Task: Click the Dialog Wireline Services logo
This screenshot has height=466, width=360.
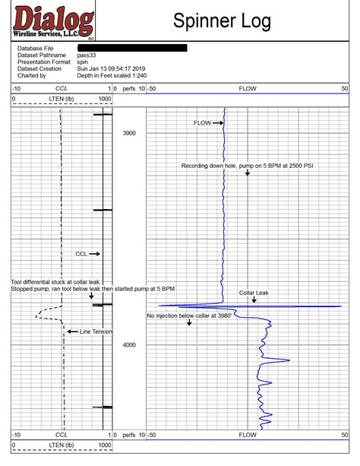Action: pos(53,23)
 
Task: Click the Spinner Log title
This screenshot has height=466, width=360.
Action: pos(222,22)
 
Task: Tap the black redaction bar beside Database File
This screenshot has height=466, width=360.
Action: pos(131,48)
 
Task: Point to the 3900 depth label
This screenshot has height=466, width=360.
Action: pos(129,133)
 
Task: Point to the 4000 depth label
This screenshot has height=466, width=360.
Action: pos(129,345)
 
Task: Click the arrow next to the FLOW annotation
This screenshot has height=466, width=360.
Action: pos(219,122)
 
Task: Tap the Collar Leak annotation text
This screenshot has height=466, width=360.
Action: pos(254,293)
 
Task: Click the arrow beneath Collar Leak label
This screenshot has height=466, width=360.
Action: pos(254,300)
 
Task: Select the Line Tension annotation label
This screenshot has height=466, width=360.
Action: pos(96,331)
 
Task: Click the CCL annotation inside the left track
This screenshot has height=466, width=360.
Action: pos(81,254)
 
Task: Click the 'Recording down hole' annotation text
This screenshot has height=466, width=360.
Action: pos(246,165)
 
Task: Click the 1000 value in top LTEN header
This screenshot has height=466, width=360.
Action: pos(104,99)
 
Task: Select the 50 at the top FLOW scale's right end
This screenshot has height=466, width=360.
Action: pos(344,89)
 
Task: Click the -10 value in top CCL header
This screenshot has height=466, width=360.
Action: pos(17,89)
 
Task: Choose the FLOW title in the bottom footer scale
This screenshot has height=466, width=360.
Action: pos(248,436)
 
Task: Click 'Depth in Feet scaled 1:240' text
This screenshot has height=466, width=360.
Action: pos(112,75)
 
